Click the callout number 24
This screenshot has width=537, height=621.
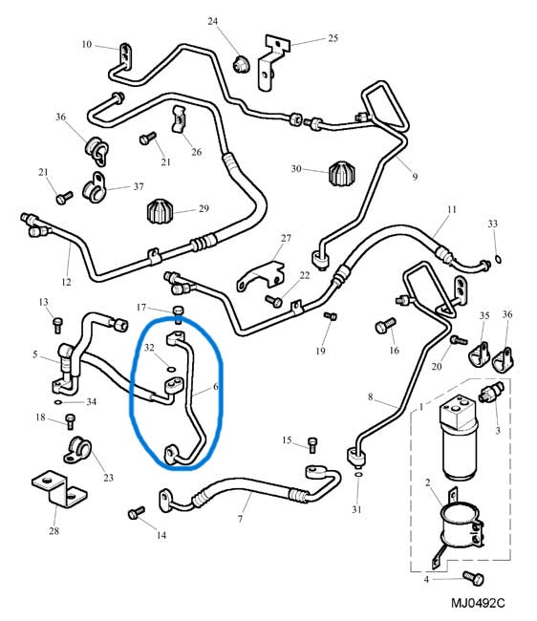213,21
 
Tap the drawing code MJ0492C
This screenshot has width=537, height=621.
478,603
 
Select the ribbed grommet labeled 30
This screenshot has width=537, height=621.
342,173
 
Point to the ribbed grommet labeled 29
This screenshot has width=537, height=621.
161,211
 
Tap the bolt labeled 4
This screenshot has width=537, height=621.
473,578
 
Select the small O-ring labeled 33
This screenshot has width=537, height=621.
499,260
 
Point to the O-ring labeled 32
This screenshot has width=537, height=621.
171,370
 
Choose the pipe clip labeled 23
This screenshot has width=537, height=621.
77,450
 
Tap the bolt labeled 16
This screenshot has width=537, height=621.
385,326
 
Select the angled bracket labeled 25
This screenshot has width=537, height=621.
272,62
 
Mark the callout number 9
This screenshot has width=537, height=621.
415,177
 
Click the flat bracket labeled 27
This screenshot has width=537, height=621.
262,276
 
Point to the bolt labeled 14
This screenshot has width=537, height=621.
137,512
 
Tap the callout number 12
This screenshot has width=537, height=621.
66,283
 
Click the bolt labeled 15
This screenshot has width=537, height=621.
312,445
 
